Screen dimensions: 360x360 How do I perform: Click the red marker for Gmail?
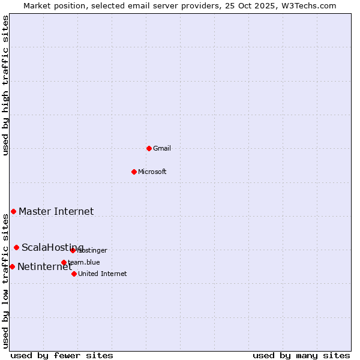click(149, 148)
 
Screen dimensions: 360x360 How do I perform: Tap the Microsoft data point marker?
click(134, 172)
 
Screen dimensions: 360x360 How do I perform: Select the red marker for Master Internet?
click(13, 211)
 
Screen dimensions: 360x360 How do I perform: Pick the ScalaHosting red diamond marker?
click(16, 247)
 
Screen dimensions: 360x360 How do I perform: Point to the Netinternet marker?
click(12, 266)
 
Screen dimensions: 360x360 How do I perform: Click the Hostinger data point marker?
click(73, 250)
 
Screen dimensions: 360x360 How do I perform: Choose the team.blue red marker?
click(64, 262)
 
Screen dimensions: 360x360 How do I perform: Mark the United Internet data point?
click(74, 274)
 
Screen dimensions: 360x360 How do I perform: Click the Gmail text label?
click(162, 148)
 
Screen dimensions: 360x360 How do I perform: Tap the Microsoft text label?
click(152, 172)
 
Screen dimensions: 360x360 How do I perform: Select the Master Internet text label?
click(56, 211)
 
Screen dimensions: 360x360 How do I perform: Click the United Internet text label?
click(103, 274)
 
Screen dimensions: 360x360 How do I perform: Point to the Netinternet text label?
click(44, 267)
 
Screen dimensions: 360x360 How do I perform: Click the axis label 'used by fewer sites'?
click(62, 355)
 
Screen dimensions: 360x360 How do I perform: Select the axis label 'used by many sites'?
click(301, 355)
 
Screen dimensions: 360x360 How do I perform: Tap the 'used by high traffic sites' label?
click(6, 85)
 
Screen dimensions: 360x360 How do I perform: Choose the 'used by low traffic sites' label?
click(6, 281)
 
